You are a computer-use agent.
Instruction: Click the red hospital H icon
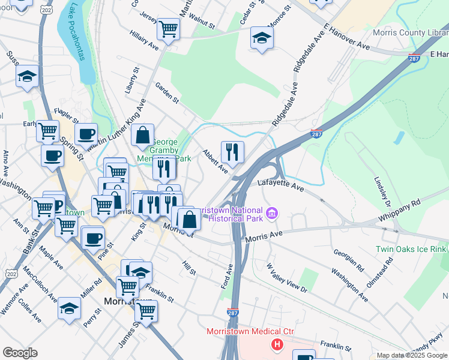[277, 344]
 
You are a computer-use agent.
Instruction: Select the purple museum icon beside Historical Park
[273, 212]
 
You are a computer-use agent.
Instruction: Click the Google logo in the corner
[20, 353]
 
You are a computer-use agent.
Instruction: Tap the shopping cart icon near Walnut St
[169, 28]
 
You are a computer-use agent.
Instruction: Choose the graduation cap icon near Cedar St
[261, 37]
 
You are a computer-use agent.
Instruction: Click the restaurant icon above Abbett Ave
[232, 152]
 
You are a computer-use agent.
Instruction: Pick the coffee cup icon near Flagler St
[86, 133]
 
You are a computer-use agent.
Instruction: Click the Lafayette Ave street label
[281, 184]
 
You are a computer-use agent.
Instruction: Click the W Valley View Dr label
[287, 278]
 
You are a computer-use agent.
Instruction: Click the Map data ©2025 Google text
[411, 355]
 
